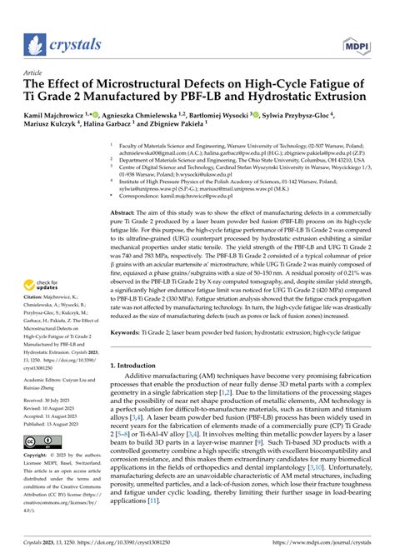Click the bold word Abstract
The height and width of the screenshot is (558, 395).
click(x=123, y=213)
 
